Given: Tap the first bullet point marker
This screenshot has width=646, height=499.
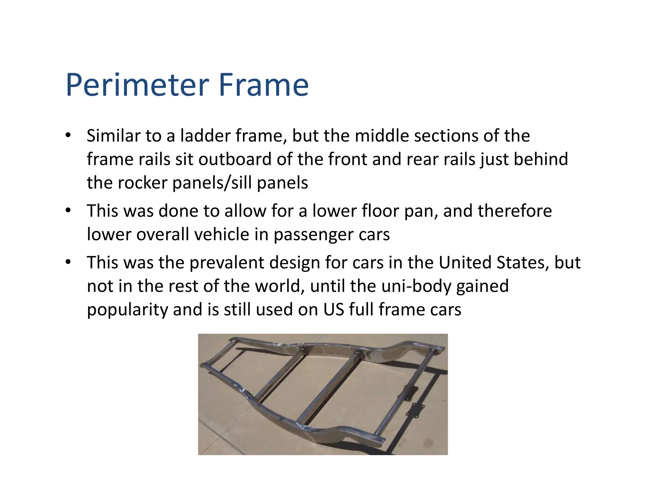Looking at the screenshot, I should (68, 135).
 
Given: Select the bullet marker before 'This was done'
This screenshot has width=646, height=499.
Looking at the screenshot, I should (68, 210).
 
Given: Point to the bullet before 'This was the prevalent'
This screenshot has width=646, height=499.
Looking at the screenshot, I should (68, 262).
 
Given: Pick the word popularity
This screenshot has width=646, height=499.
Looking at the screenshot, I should (127, 310).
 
